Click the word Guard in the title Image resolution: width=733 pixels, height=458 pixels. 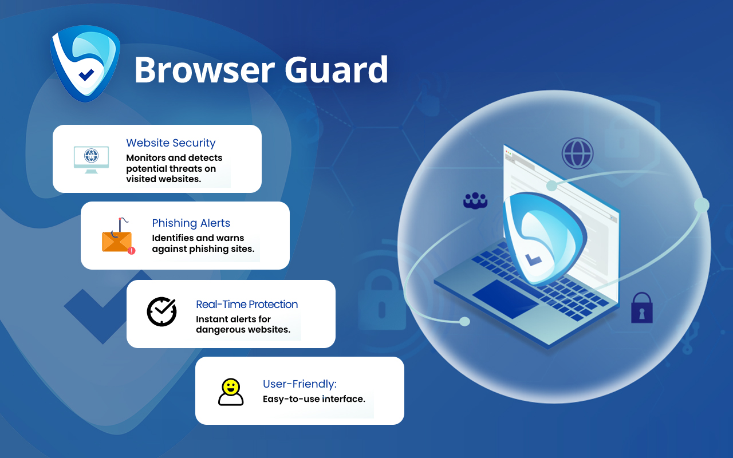click(336, 70)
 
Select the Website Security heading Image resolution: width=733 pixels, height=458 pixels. click(171, 143)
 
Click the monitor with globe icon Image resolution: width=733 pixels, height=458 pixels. click(91, 159)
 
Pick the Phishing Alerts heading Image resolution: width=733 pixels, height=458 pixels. click(191, 223)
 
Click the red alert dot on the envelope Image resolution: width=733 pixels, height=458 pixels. click(132, 250)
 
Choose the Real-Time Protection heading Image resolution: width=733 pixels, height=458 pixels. click(247, 305)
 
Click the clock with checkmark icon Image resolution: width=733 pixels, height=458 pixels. click(161, 311)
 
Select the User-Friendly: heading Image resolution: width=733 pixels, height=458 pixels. click(299, 384)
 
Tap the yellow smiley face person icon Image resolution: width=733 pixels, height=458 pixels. click(231, 392)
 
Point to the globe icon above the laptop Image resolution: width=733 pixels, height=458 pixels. click(577, 153)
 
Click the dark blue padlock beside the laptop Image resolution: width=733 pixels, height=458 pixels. click(642, 308)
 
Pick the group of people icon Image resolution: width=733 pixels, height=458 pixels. click(475, 200)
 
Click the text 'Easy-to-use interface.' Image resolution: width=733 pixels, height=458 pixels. click(314, 399)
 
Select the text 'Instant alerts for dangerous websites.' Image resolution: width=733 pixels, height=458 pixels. click(243, 325)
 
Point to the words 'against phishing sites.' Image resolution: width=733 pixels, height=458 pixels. click(203, 249)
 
